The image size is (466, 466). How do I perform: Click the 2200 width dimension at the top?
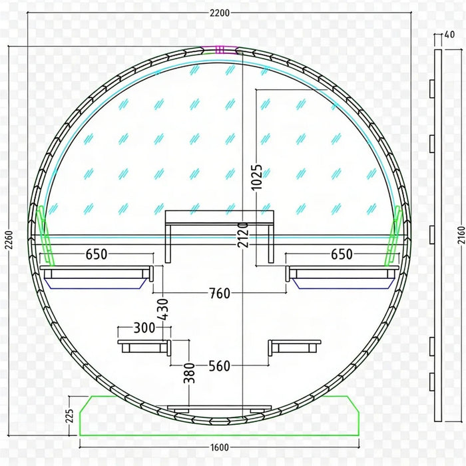[220, 13]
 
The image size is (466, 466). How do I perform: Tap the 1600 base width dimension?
[220, 447]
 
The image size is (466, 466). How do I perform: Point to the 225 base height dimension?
[69, 416]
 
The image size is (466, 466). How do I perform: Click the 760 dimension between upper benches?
[220, 294]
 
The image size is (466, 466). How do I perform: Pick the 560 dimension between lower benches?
[220, 366]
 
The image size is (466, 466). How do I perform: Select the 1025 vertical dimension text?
[256, 177]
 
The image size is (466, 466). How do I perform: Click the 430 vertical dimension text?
[163, 310]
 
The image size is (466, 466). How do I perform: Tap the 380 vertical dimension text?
[189, 373]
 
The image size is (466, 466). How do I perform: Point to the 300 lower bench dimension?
[144, 328]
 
